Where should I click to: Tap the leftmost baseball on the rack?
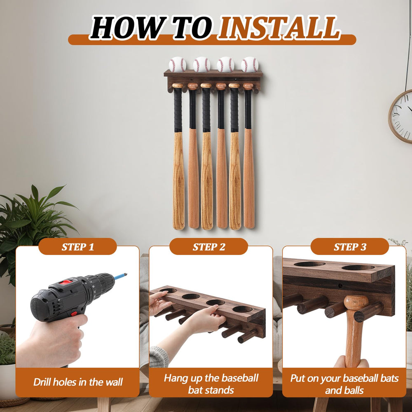pos(177,64)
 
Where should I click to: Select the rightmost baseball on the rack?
pos(250,64)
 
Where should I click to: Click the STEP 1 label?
pos(78,247)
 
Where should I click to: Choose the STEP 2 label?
pos(209,247)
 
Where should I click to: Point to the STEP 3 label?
pos(350,247)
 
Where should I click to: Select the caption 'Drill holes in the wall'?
pos(78,382)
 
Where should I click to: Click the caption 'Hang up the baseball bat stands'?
pos(211,384)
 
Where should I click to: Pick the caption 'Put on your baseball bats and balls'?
pos(344,384)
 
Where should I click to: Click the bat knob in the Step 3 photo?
pos(356,302)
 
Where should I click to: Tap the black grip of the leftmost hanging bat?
pos(178,110)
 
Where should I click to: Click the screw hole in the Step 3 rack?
pos(340,286)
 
